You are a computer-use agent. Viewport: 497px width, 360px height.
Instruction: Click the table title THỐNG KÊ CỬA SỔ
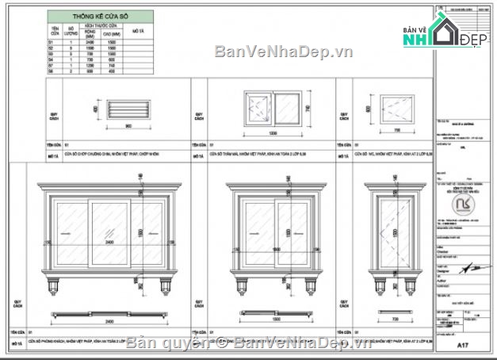[99, 15]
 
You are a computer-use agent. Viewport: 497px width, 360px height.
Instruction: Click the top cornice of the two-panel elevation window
[271, 188]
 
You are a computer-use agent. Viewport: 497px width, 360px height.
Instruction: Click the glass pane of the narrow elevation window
[394, 232]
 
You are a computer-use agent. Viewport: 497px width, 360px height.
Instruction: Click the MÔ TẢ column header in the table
[137, 31]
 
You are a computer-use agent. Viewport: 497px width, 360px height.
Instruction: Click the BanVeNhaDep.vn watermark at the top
[272, 52]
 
